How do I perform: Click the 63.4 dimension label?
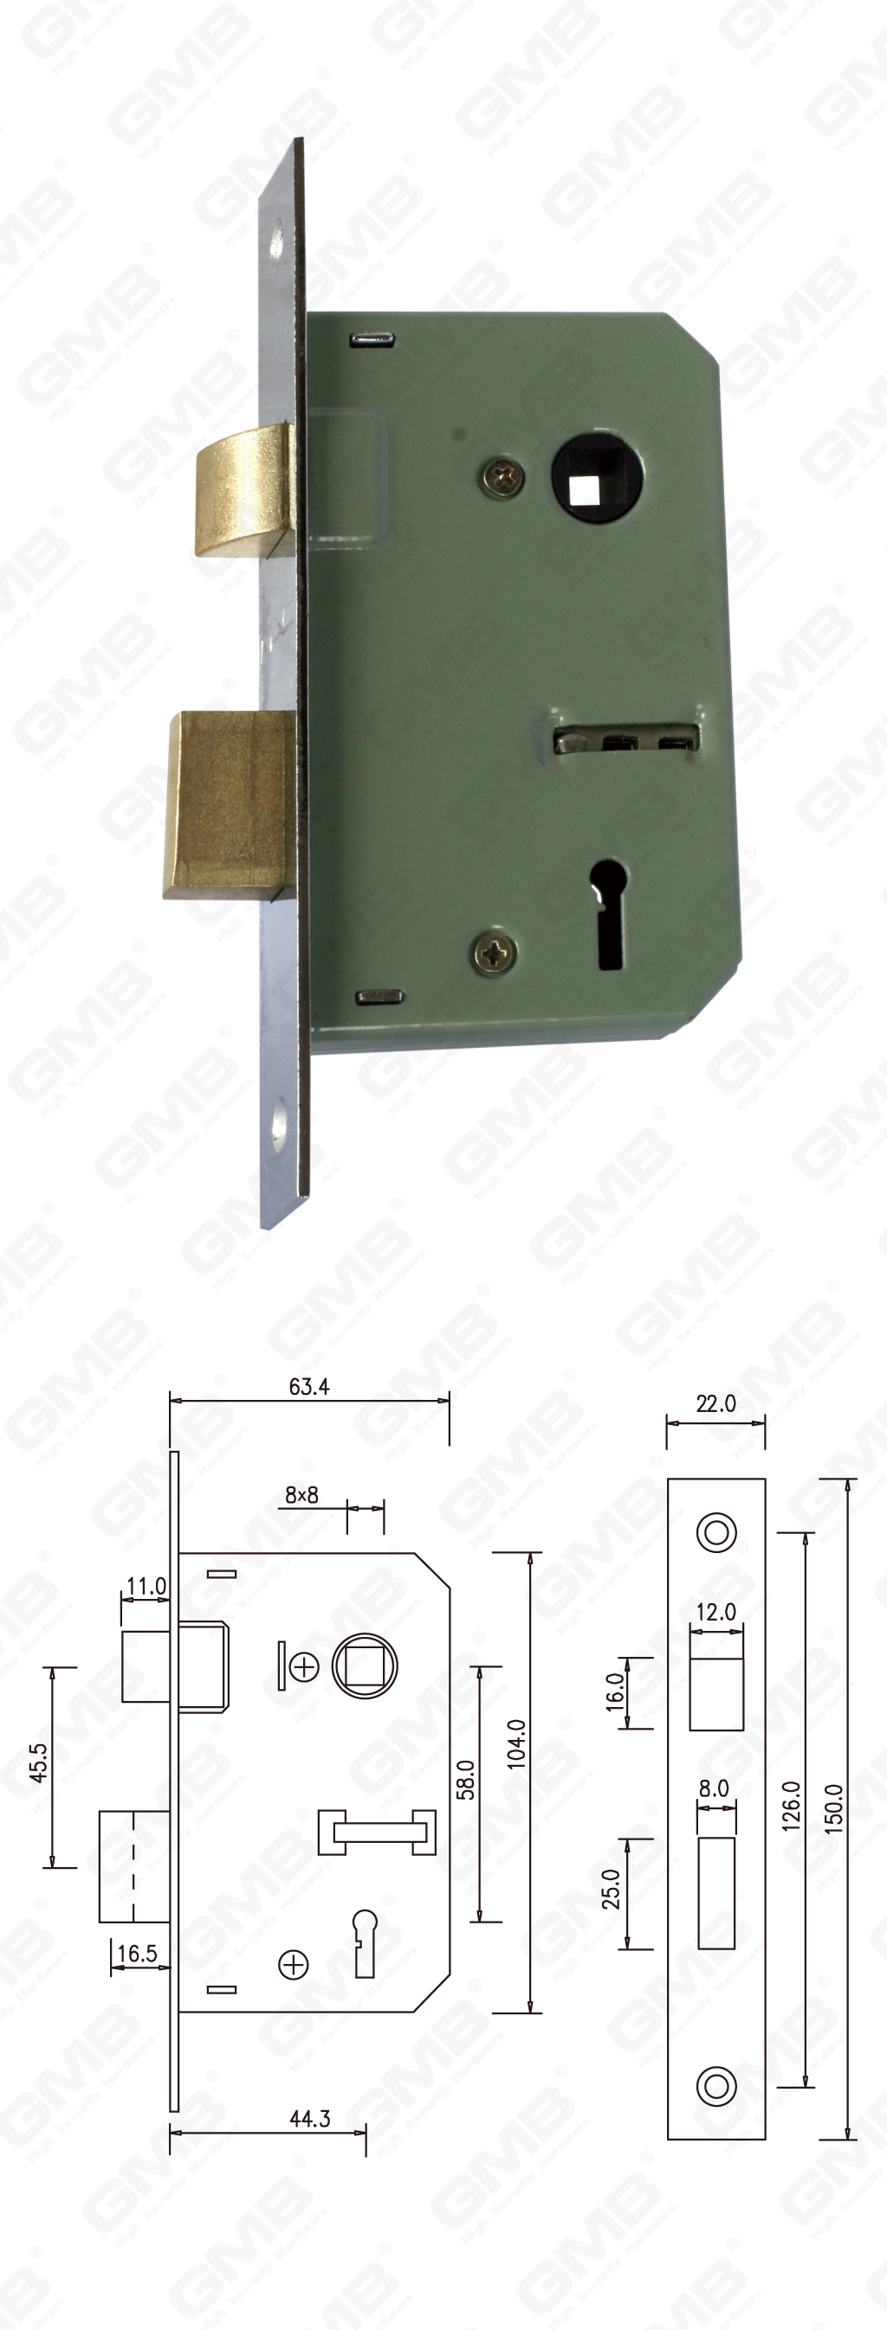click(x=308, y=1387)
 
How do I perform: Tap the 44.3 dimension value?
click(x=309, y=2118)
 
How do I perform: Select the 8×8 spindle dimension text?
click(x=301, y=1495)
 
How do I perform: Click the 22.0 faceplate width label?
click(x=715, y=1403)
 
